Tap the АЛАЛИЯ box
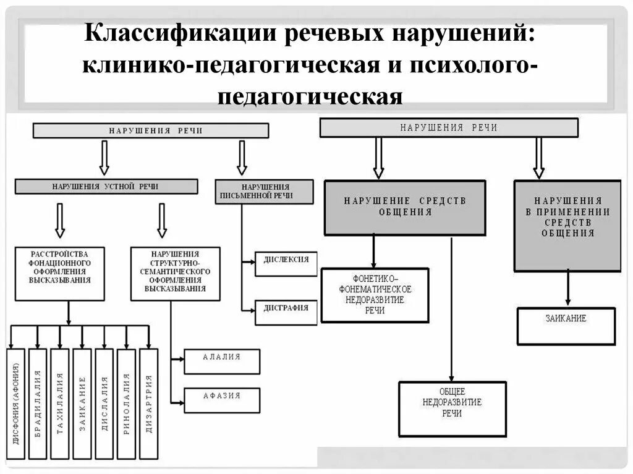pos(222,361)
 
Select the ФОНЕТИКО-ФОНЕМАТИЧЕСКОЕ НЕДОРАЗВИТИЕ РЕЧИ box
pos(375,295)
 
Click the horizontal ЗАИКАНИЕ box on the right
pos(566,326)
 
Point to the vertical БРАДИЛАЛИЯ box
pos(38,404)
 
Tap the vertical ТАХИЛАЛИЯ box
pos(60,404)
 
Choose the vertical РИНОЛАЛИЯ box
pos(126,404)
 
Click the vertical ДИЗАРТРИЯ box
pos(148,404)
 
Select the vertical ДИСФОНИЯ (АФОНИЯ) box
pos(15,404)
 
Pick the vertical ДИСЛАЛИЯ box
pos(104,404)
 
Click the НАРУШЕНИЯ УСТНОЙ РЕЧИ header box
pos(106,187)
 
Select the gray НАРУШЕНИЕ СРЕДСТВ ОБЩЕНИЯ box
pos(405,208)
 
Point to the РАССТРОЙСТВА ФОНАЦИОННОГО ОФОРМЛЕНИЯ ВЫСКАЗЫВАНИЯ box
pos(59,274)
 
